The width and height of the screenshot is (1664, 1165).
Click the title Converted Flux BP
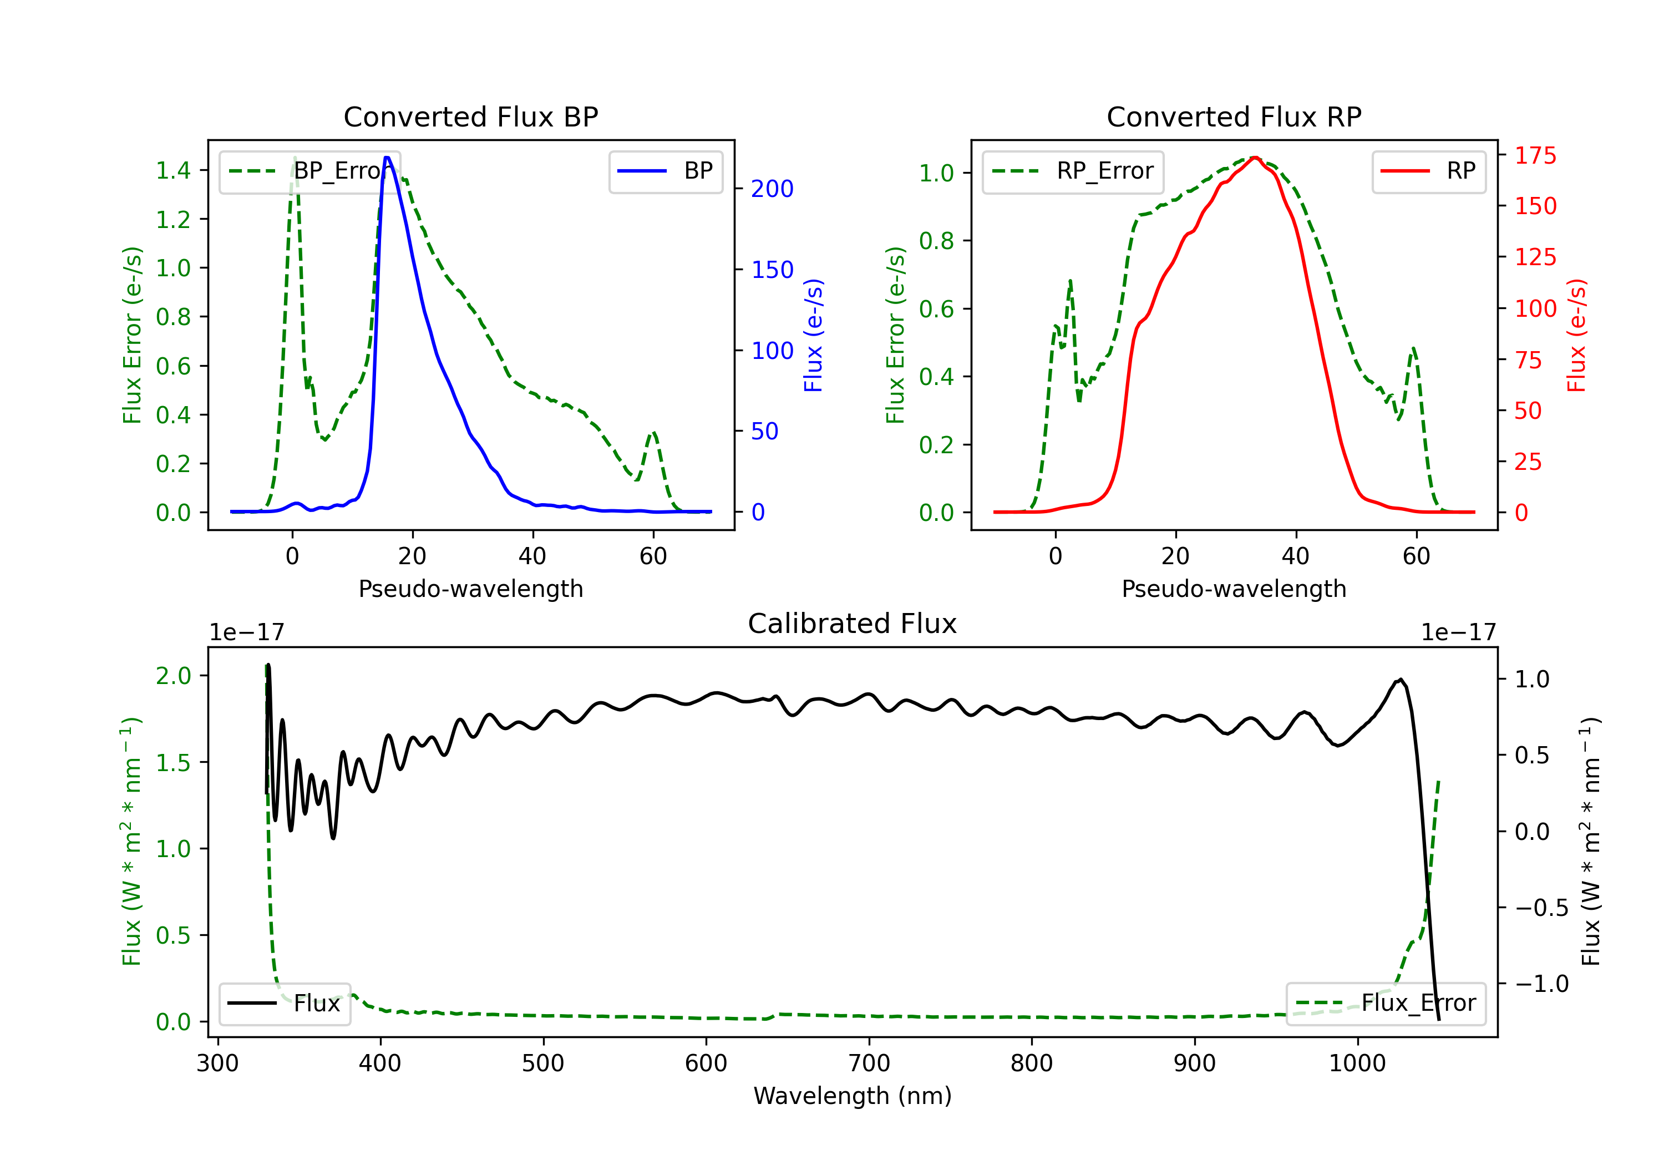pyautogui.click(x=470, y=116)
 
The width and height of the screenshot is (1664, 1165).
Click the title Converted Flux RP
pyautogui.click(x=1234, y=116)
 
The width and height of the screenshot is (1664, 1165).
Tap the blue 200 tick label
pyautogui.click(x=772, y=189)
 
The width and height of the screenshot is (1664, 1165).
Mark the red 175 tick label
pyautogui.click(x=1535, y=155)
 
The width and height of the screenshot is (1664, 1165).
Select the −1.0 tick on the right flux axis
pyautogui.click(x=1541, y=984)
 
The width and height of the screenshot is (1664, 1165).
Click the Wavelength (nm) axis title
pyautogui.click(x=853, y=1096)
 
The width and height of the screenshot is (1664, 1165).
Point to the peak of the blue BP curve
pyautogui.click(x=387, y=158)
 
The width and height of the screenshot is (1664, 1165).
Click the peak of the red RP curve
pyautogui.click(x=1255, y=158)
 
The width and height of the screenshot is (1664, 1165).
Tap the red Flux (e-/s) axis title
pyautogui.click(x=1577, y=335)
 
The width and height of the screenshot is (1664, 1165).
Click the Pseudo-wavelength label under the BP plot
pyautogui.click(x=470, y=589)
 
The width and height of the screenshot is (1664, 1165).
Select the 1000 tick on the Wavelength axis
pyautogui.click(x=1357, y=1063)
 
